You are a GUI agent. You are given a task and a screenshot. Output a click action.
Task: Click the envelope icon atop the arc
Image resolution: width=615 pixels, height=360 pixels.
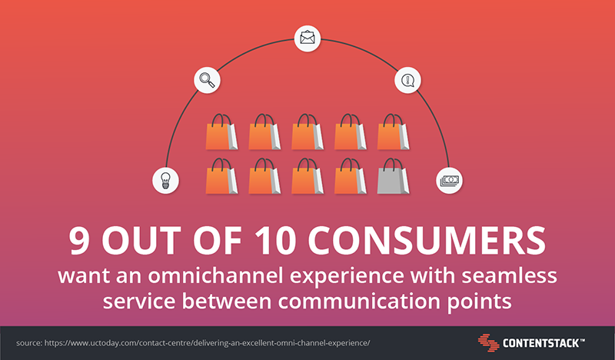(307, 38)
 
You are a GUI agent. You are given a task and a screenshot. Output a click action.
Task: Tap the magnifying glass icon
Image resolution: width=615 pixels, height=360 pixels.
(207, 80)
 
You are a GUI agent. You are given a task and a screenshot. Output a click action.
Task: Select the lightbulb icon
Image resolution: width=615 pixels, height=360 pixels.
(165, 181)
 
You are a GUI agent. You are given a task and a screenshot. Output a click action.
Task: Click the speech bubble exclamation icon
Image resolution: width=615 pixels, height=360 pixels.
(408, 80)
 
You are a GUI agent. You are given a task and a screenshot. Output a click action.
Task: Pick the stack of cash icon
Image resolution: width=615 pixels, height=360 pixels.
(450, 181)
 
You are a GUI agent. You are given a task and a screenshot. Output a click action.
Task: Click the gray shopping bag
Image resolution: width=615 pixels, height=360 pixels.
(393, 176)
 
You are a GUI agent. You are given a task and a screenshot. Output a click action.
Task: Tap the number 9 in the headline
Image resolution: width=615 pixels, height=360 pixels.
(79, 240)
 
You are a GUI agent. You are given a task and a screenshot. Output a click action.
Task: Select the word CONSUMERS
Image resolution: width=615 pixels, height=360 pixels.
(427, 240)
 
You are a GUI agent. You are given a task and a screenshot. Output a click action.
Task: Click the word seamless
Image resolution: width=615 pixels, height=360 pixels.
(509, 275)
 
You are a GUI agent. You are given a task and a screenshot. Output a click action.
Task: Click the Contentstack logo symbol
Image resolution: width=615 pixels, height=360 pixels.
(488, 343)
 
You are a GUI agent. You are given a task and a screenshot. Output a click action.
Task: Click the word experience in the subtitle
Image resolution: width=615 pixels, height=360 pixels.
(347, 277)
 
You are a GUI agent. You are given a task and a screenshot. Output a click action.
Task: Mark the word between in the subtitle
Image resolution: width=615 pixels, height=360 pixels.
(227, 302)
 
